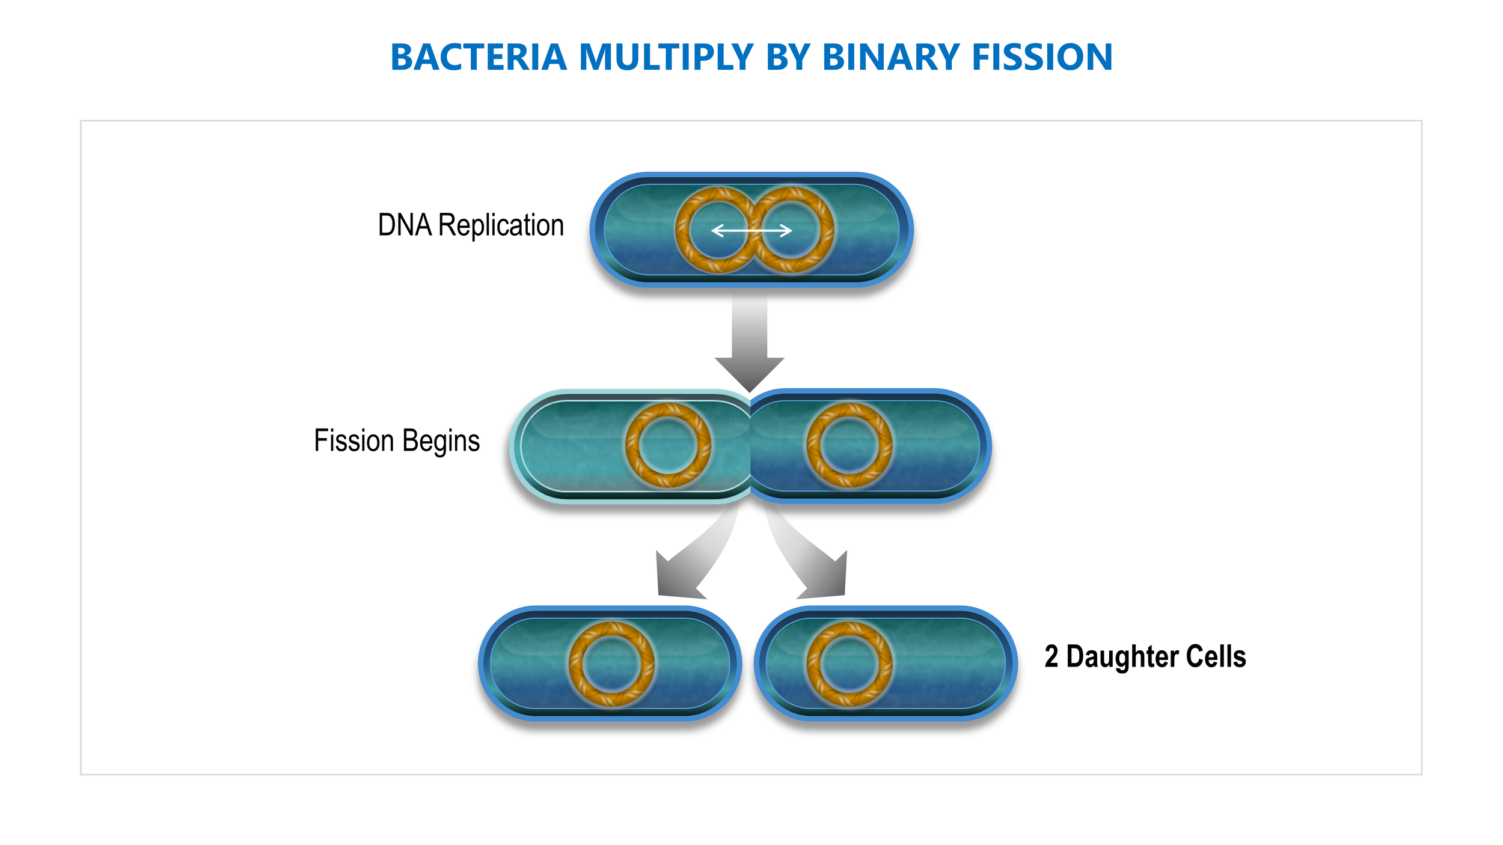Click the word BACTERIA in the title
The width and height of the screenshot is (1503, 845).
tap(479, 58)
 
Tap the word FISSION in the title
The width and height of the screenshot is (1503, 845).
tap(1042, 58)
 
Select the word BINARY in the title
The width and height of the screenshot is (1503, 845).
tap(890, 58)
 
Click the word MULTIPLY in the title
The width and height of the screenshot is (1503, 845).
tap(666, 58)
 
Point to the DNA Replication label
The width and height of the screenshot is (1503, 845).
tap(471, 225)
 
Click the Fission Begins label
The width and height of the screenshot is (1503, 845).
tap(397, 441)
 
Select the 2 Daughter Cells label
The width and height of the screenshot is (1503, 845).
tap(1145, 656)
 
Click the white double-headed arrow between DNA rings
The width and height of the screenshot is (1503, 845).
tap(751, 230)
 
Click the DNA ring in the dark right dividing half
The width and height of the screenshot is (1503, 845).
tap(887, 445)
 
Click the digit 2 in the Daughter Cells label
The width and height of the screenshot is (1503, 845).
tap(1051, 656)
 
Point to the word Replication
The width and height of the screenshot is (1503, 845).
tap(501, 225)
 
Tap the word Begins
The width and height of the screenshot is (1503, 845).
tap(441, 441)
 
